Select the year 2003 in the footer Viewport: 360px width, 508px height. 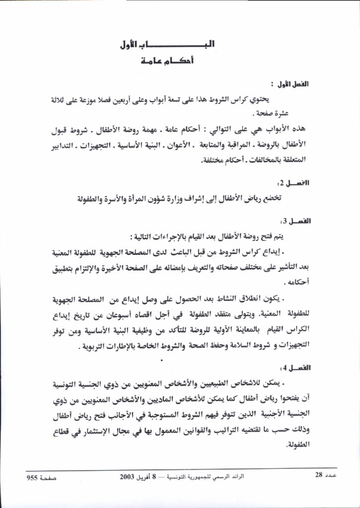click(x=129, y=476)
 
